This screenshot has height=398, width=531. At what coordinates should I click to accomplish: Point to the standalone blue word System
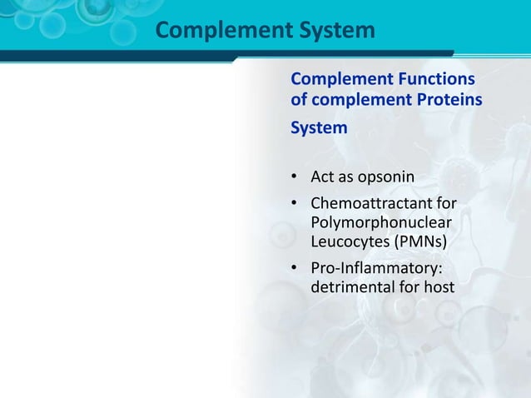click(320, 130)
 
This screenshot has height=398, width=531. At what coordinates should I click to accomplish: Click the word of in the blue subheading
click(299, 101)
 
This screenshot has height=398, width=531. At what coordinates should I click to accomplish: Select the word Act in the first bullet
click(322, 177)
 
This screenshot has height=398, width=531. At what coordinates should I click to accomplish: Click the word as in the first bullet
click(345, 177)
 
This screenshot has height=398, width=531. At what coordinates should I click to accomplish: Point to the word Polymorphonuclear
click(381, 223)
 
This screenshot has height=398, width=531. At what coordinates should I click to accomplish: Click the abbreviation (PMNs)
click(419, 242)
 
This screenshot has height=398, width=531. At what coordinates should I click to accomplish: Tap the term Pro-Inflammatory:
click(376, 269)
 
